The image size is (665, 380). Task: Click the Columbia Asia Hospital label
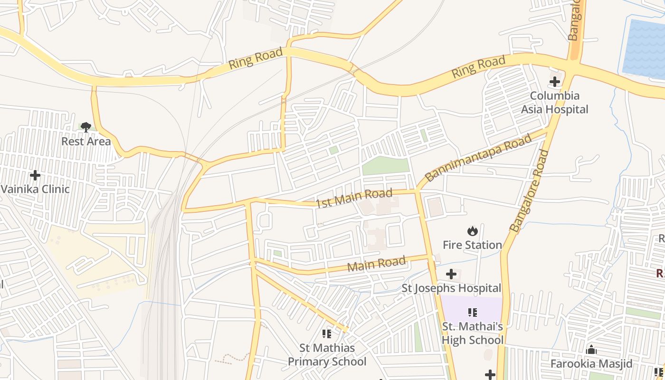(x=554, y=103)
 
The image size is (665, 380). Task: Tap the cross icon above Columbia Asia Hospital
(x=554, y=82)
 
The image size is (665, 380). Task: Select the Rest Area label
(x=86, y=141)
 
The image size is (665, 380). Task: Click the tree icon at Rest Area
(x=86, y=127)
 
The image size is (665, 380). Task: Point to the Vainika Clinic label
(x=35, y=189)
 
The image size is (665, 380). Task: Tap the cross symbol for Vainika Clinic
(x=35, y=175)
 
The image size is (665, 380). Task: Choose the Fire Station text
(x=472, y=245)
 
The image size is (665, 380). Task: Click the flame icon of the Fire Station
(x=472, y=231)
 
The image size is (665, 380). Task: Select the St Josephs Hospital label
(x=451, y=288)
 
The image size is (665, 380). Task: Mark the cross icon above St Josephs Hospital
(x=451, y=274)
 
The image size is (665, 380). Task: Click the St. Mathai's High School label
(x=472, y=333)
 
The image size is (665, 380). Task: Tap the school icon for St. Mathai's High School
(x=472, y=312)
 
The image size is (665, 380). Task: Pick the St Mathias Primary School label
(x=327, y=355)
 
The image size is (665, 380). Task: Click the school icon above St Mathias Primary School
(x=327, y=334)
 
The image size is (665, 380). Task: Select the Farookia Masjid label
(x=591, y=364)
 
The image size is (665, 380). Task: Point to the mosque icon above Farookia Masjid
(x=591, y=350)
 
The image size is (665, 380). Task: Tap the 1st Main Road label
(x=354, y=198)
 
